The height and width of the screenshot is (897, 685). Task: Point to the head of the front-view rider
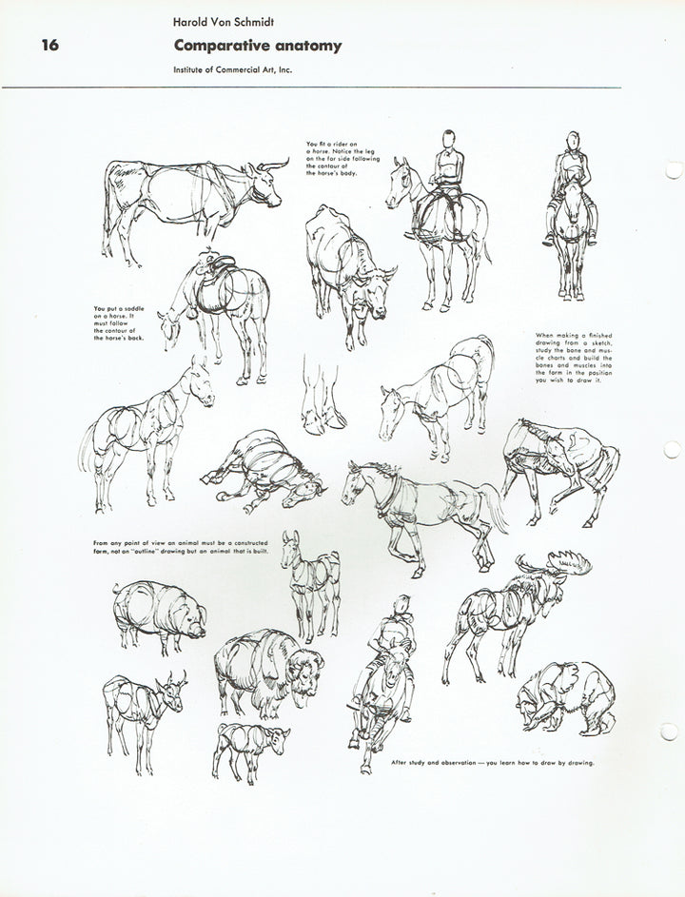[x=570, y=144]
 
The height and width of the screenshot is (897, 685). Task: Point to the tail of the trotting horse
[x=496, y=503]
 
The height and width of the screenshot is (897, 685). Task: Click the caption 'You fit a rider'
[x=333, y=158]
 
